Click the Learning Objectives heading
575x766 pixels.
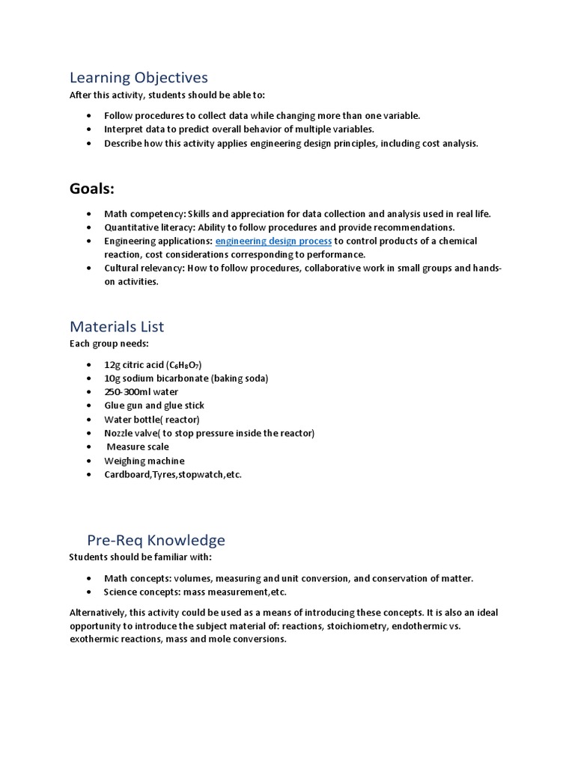pos(139,78)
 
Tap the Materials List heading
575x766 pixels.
pos(117,327)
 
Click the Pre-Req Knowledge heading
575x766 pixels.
pos(156,540)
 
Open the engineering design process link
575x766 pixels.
pos(273,241)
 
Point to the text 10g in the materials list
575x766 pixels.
pos(112,379)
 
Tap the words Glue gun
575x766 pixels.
pos(123,405)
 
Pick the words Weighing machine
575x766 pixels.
pos(144,461)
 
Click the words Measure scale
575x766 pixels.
pos(138,447)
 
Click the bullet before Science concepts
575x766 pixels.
pos(88,592)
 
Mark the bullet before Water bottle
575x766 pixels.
pos(88,420)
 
